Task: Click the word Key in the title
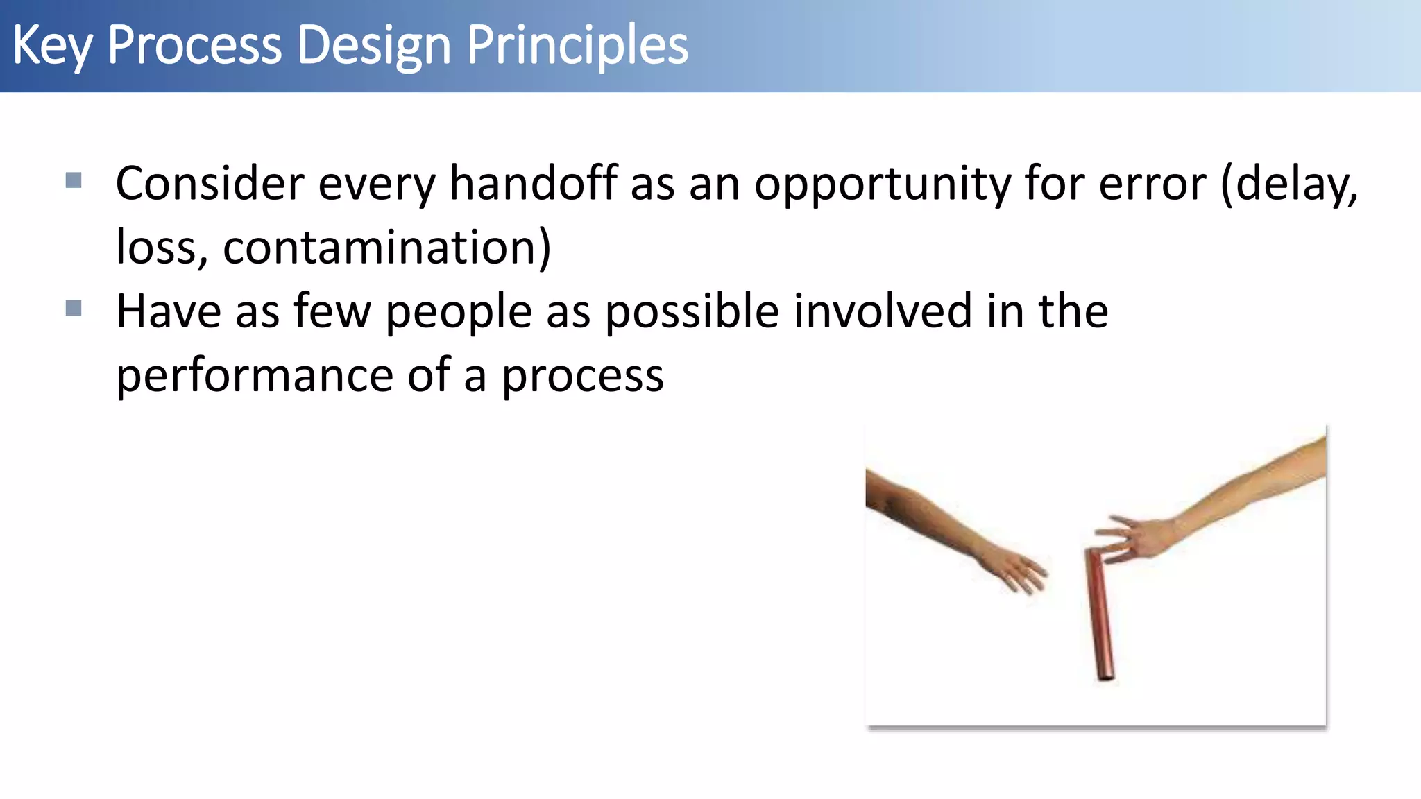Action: [x=51, y=46]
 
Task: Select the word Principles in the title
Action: [x=577, y=46]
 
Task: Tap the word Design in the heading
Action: [x=374, y=46]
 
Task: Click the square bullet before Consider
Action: [x=74, y=181]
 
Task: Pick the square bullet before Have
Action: [x=74, y=308]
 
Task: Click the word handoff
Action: [x=533, y=183]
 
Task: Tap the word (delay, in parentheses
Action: [x=1289, y=184]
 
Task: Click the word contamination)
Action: [x=386, y=248]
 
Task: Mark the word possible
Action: [x=692, y=312]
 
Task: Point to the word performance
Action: [x=255, y=376]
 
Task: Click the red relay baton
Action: [x=1099, y=614]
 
